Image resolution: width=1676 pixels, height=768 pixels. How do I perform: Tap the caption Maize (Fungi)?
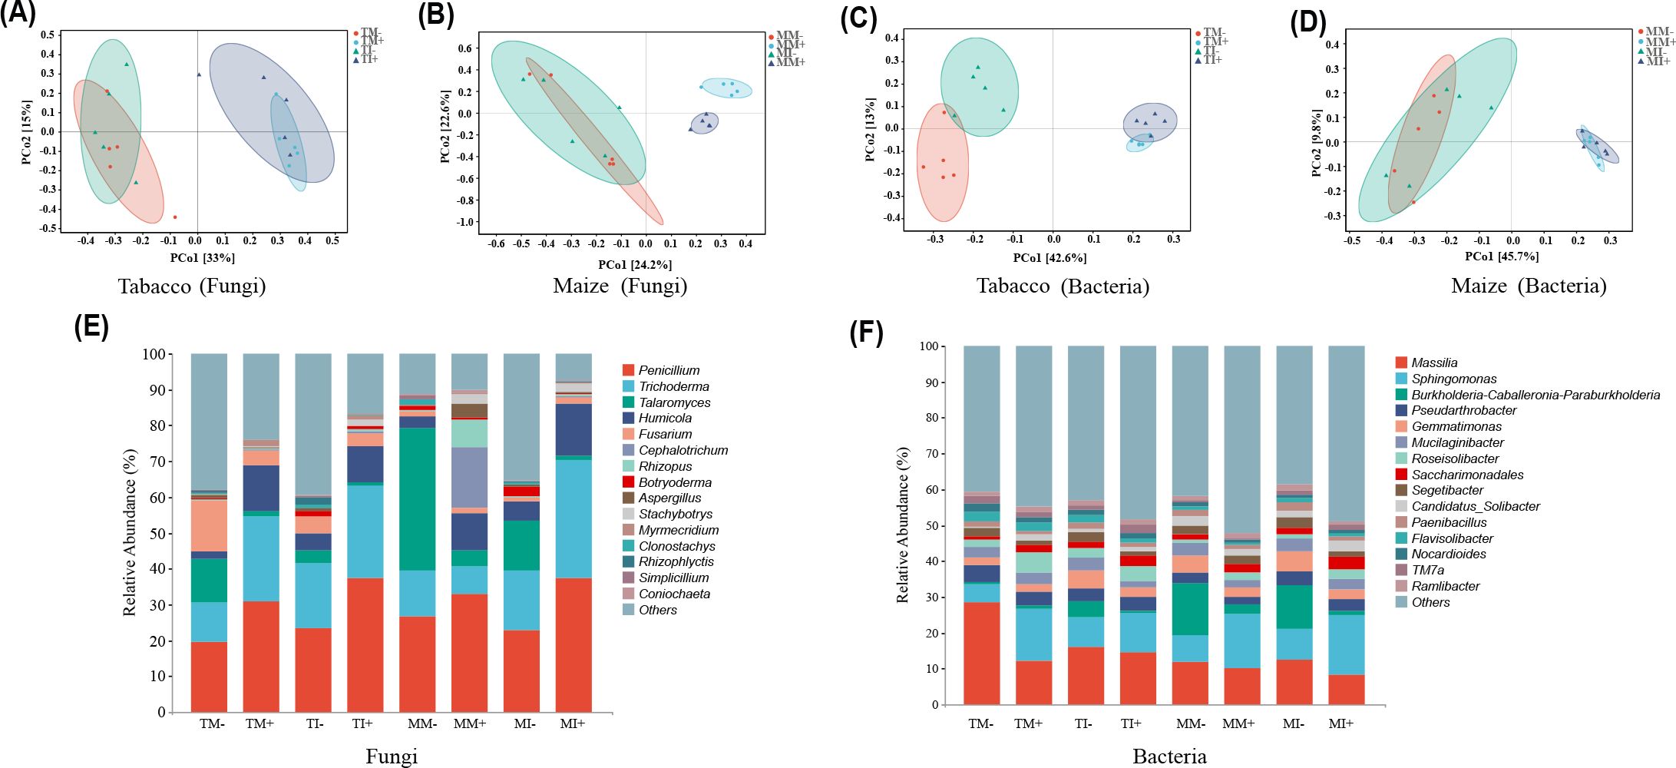[x=620, y=286]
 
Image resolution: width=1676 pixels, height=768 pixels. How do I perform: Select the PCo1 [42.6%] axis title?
[x=1050, y=258]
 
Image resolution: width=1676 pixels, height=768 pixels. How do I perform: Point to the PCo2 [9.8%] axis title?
[x=1316, y=144]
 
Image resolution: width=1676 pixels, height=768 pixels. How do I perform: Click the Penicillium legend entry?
[x=669, y=370]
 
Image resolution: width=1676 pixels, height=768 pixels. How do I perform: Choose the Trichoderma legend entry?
[x=673, y=386]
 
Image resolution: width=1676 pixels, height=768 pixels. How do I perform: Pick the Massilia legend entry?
[x=1433, y=362]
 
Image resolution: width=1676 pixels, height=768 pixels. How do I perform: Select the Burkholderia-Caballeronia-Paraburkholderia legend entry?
[x=1535, y=395]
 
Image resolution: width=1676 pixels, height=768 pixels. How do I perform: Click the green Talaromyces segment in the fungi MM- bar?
[x=417, y=498]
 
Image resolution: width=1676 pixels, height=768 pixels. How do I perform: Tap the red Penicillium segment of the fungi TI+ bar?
[x=365, y=644]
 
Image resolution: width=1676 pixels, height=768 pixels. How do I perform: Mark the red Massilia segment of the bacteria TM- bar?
[x=981, y=653]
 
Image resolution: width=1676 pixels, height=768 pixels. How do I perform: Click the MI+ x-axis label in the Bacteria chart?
[x=1340, y=723]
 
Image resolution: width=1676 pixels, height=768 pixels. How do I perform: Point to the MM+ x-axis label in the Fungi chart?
[x=469, y=723]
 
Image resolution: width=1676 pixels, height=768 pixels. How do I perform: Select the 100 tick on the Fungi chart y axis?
[x=154, y=354]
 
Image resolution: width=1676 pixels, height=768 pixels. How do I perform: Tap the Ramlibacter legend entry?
[x=1445, y=586]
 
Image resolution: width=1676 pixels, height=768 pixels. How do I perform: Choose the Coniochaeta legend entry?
[x=674, y=594]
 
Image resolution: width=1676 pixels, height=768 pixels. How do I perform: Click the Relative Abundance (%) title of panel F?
[x=902, y=525]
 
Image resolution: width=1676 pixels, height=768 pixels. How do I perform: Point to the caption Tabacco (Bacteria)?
[x=1063, y=286]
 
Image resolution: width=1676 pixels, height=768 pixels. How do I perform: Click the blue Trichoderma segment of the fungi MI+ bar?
[x=574, y=518]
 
